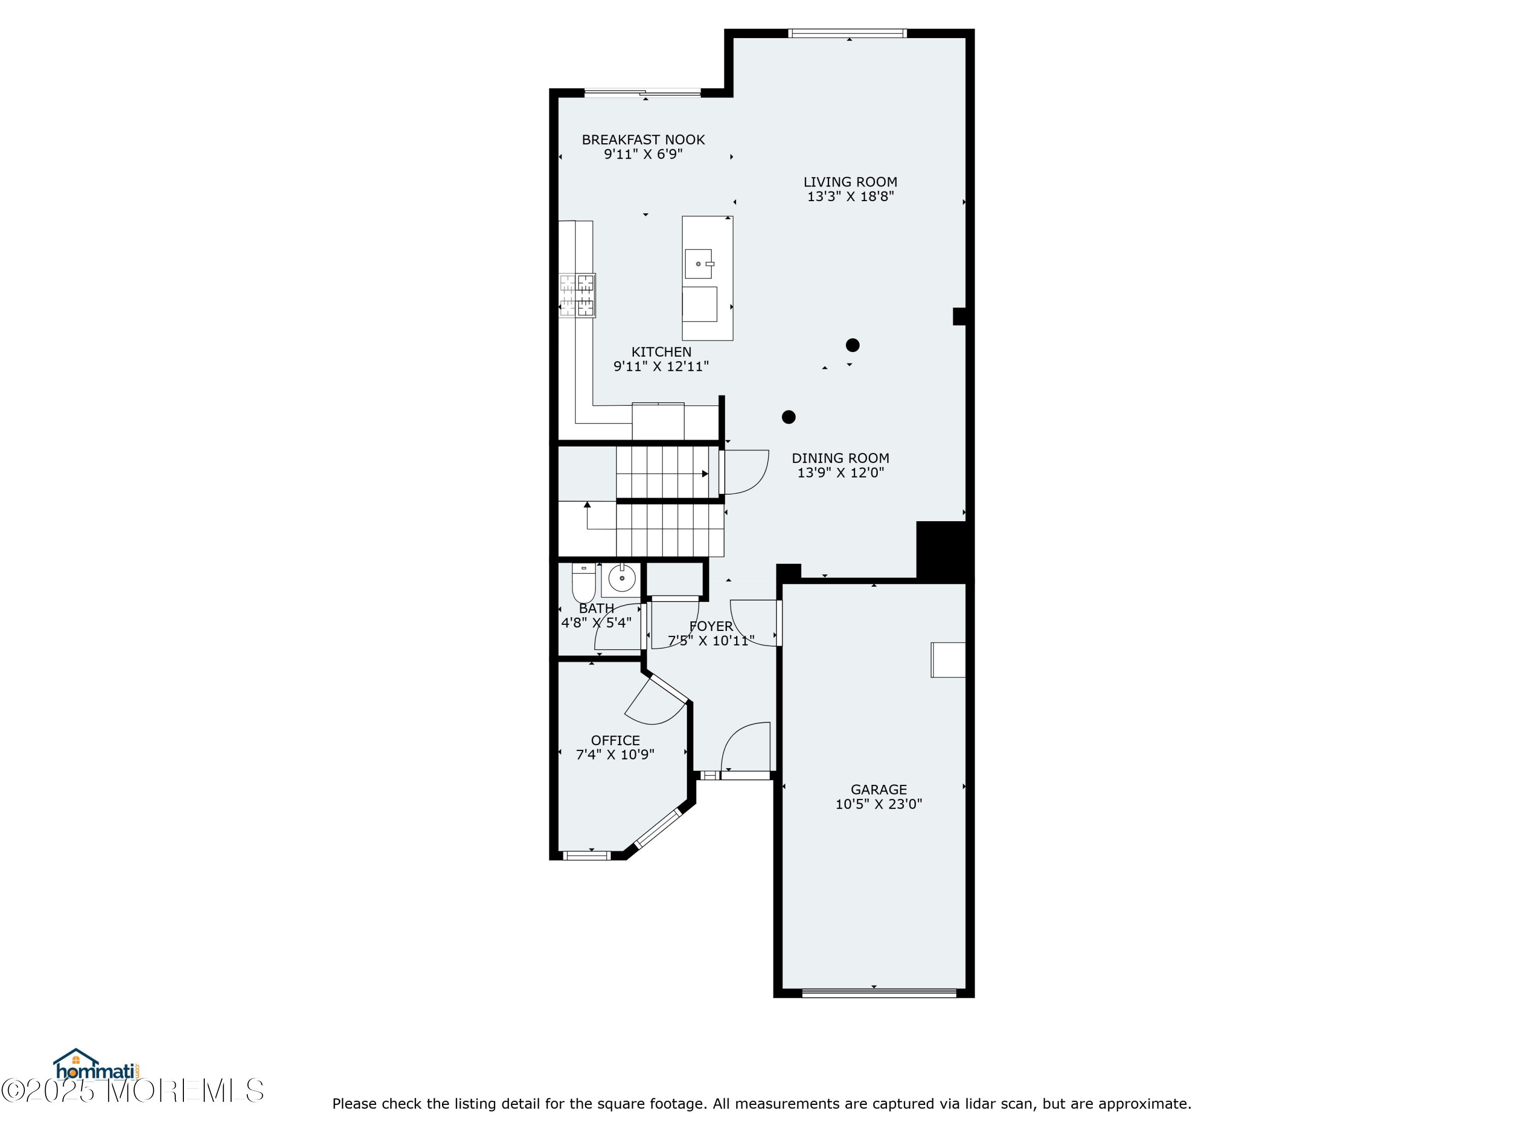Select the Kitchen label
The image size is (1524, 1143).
661,352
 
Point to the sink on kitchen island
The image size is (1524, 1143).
698,264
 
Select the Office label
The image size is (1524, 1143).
615,741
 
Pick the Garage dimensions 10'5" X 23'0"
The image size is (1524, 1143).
878,804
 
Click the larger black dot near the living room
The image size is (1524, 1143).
852,345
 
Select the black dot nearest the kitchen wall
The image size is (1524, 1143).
789,417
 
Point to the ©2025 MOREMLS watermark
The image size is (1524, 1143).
132,1091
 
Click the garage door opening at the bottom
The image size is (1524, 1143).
879,993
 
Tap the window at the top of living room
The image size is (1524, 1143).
847,33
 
